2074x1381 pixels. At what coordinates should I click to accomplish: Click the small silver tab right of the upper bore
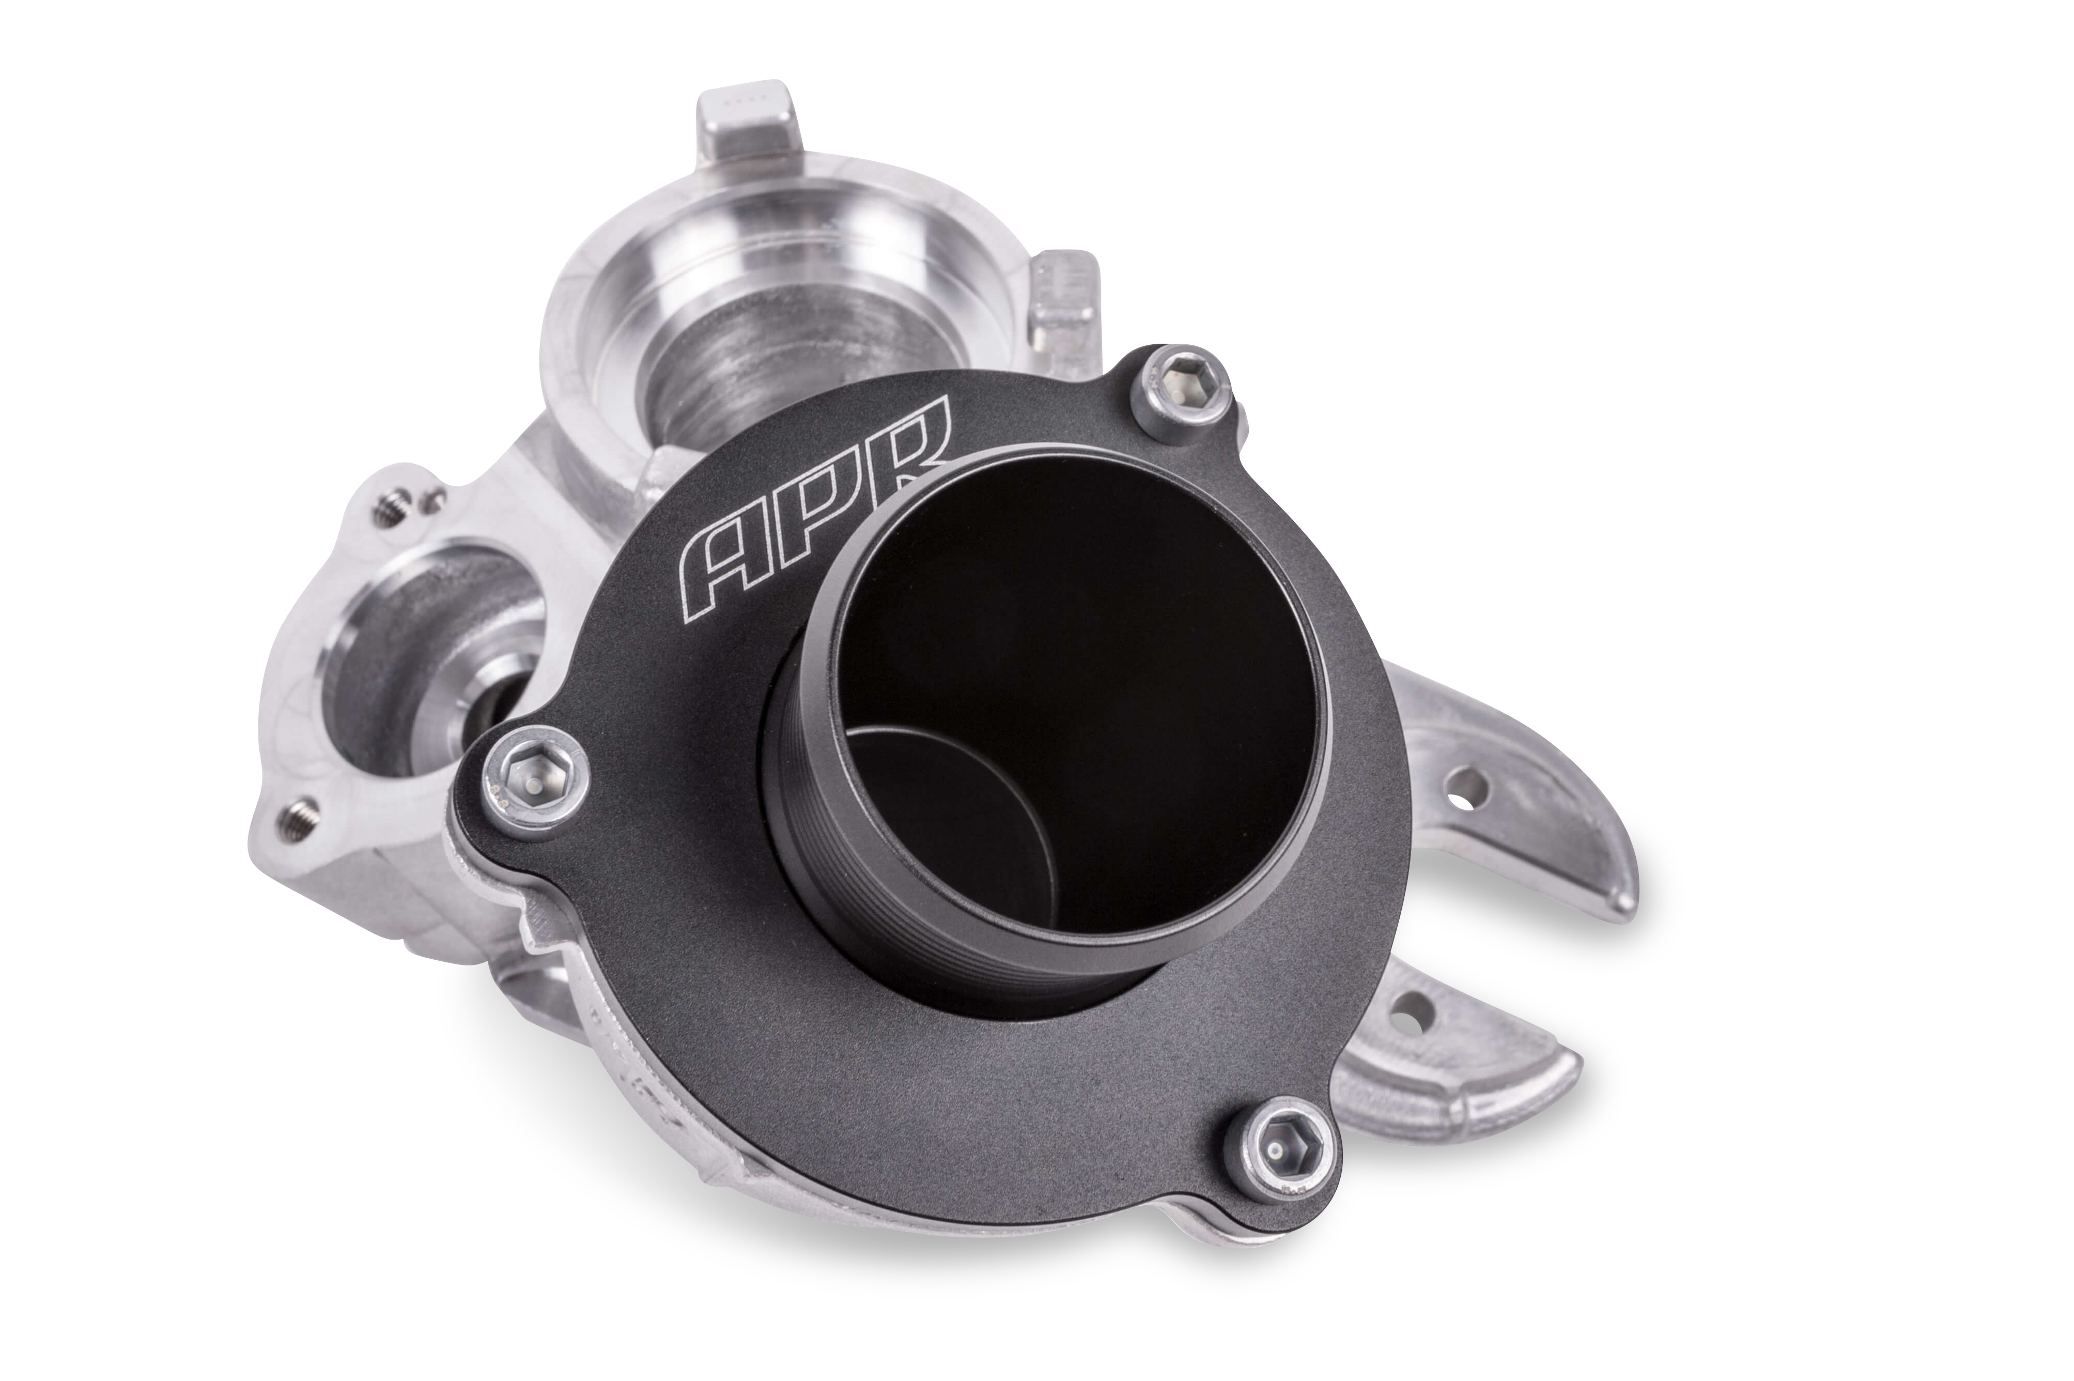1065,299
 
